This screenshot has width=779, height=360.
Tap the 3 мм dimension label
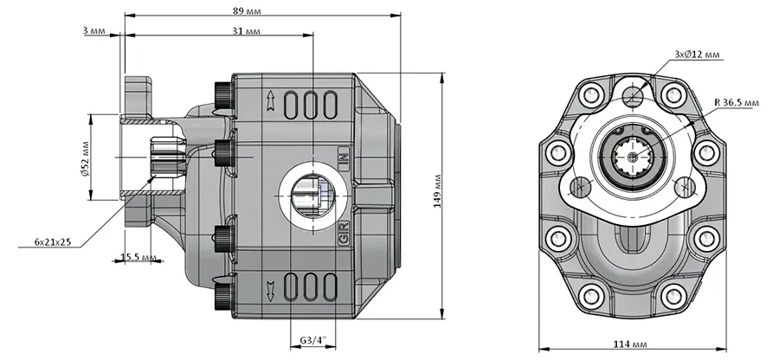(93, 31)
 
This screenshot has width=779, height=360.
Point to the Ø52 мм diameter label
(85, 157)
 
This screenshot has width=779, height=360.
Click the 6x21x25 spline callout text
(53, 241)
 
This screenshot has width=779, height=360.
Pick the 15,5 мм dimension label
(135, 257)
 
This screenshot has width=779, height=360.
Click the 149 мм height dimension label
(437, 190)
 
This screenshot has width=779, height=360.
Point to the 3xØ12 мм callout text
(697, 55)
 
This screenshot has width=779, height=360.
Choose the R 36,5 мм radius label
(737, 102)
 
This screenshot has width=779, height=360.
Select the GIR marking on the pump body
(344, 234)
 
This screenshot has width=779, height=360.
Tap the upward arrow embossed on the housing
(271, 100)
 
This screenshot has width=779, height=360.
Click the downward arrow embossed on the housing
(271, 291)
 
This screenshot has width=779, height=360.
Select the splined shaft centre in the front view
(632, 157)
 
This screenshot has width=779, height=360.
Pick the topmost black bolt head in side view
(224, 93)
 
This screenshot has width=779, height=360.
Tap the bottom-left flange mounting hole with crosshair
(579, 187)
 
